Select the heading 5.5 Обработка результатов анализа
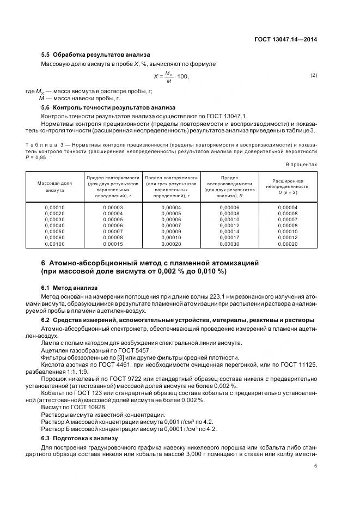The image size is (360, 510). pos(96,55)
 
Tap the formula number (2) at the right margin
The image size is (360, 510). pos(313,75)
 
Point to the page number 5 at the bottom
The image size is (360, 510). pos(316,465)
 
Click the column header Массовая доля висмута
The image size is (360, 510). pos(54,187)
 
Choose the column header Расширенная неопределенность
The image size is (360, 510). pos(288,186)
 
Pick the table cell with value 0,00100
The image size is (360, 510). pos(54,244)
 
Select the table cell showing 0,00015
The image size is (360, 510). pos(113,244)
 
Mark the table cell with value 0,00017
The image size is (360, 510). pos(229,238)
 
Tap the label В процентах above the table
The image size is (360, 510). pos(301,164)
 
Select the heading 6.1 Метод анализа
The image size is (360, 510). pos(70,287)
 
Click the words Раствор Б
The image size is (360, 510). pos(54,429)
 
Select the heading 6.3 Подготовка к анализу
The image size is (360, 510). pos(80,438)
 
